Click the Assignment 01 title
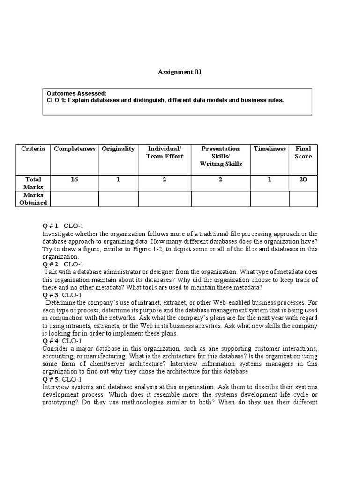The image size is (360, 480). tap(180, 72)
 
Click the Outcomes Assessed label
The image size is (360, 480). tap(76, 93)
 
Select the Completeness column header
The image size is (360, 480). tap(75, 149)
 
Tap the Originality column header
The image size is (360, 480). tap(118, 149)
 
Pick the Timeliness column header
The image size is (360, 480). tap(270, 149)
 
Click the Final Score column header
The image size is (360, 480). tap(303, 152)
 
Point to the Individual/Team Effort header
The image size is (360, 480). tap(165, 152)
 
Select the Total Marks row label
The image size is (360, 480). tap(33, 183)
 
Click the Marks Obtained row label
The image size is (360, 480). tap(33, 199)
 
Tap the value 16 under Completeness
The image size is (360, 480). tap(75, 180)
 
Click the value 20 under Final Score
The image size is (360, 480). tap(303, 180)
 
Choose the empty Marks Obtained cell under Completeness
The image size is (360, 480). tap(75, 199)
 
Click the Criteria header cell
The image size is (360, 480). tap(33, 149)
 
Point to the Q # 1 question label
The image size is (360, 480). tap(51, 226)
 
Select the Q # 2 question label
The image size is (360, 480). tap(51, 264)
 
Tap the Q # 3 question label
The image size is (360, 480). tap(51, 294)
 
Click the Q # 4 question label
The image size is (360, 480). tap(51, 341)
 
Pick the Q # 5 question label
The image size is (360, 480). tap(51, 379)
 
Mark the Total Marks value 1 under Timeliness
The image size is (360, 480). tap(270, 180)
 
